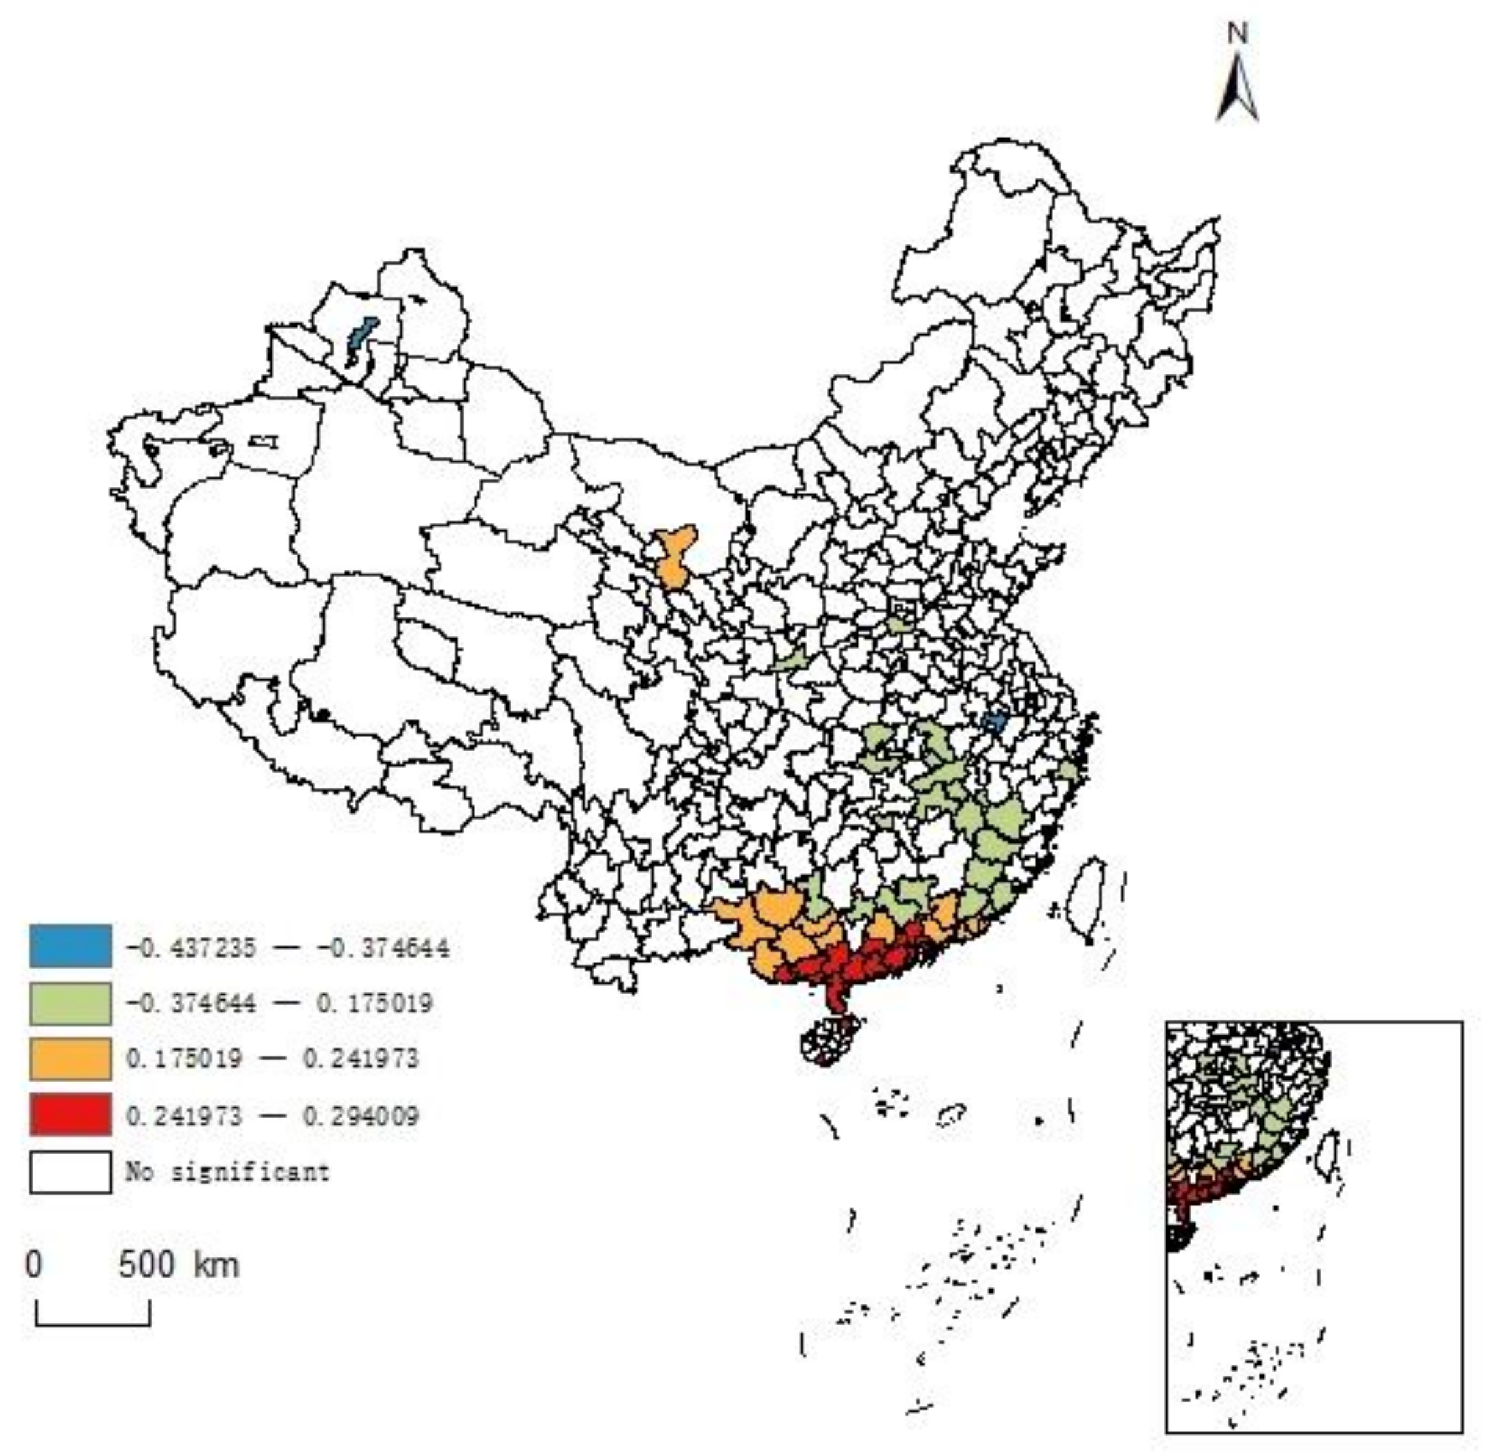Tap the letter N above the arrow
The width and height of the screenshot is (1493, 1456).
click(x=1238, y=34)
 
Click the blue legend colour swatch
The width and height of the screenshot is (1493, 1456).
click(x=71, y=946)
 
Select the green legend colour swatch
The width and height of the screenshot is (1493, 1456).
click(x=71, y=1003)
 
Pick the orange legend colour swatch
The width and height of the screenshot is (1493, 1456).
click(x=71, y=1058)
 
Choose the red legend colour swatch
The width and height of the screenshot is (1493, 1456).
click(x=71, y=1114)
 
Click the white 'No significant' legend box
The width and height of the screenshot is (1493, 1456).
click(x=71, y=1172)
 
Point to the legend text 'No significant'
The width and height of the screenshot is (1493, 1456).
click(x=228, y=1172)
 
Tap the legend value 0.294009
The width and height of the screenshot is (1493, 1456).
click(x=361, y=1116)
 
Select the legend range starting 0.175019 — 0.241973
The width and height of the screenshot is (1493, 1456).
click(x=272, y=1059)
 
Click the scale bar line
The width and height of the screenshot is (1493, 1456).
click(x=93, y=1323)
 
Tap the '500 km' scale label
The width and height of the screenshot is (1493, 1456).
click(x=179, y=1265)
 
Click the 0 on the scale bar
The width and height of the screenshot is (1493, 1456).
click(x=33, y=1265)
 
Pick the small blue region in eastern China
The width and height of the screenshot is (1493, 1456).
click(x=994, y=722)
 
